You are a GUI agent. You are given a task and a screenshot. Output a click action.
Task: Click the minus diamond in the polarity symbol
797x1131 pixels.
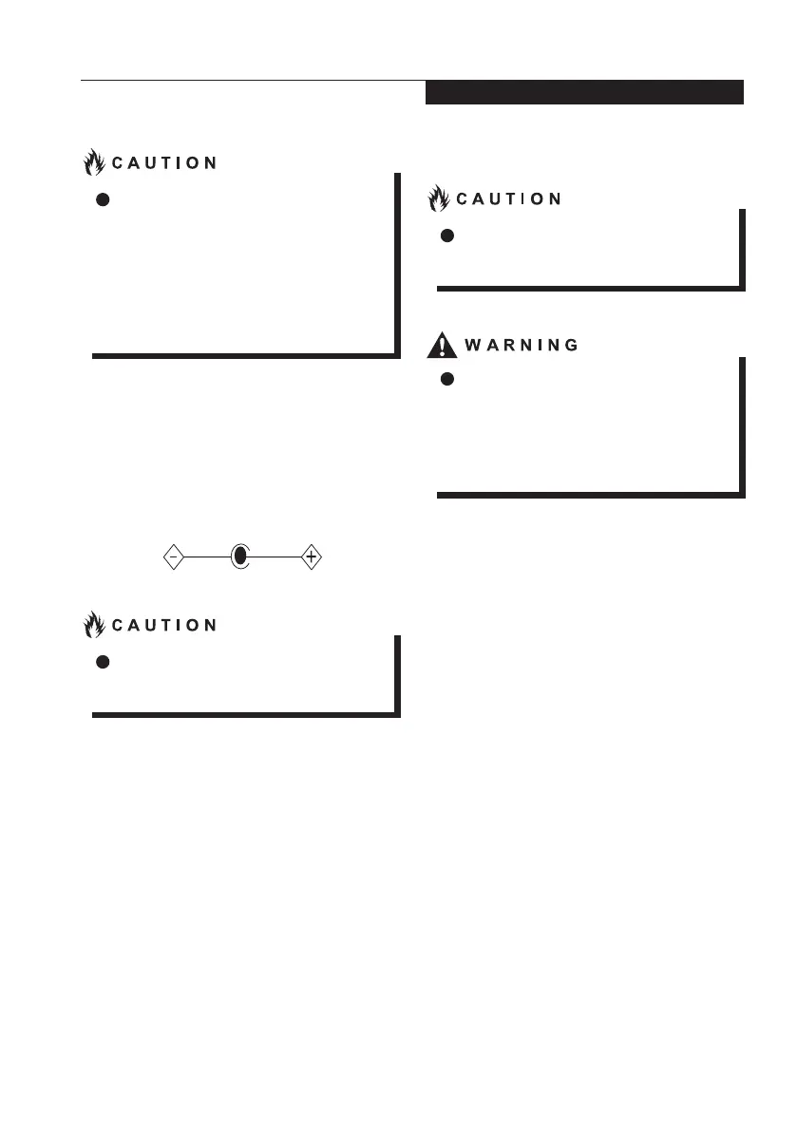(x=173, y=557)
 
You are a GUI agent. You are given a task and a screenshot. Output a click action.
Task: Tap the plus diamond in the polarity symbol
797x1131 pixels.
(x=311, y=557)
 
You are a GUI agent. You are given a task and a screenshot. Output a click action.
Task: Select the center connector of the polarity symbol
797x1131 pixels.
(x=240, y=557)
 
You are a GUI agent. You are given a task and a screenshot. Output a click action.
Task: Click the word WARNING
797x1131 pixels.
(x=521, y=345)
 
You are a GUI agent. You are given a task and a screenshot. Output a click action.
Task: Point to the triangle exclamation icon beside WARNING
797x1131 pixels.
(x=442, y=344)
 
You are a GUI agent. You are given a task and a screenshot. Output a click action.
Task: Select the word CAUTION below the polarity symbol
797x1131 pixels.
(x=164, y=625)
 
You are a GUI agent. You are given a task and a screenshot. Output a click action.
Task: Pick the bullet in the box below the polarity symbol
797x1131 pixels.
(x=103, y=661)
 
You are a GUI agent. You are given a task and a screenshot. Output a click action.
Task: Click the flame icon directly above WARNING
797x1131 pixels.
(x=439, y=198)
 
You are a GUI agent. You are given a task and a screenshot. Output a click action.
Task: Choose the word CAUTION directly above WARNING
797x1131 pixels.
(x=508, y=199)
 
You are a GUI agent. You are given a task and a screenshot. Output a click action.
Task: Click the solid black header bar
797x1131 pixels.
(x=583, y=92)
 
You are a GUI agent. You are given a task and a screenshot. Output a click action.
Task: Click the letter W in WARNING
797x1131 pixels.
(x=472, y=345)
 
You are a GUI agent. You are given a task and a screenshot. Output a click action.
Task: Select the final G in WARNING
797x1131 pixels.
(x=571, y=345)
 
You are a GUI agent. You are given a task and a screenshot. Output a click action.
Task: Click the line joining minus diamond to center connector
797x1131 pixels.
(x=207, y=557)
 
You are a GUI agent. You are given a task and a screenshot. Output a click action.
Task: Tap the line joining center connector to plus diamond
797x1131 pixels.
(x=275, y=557)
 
